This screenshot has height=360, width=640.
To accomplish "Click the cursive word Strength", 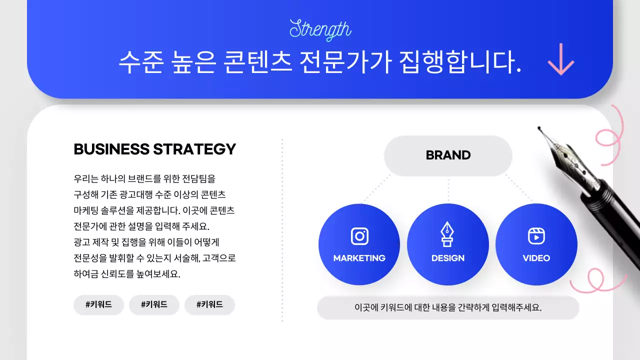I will [320, 29].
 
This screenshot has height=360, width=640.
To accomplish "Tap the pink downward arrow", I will [561, 59].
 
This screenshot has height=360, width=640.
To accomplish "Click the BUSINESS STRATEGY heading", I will [154, 149].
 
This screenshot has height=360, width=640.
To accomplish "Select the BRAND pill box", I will [448, 155].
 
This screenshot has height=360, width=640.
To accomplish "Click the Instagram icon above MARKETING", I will [359, 236].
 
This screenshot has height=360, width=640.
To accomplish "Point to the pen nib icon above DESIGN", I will [447, 234].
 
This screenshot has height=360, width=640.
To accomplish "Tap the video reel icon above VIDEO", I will [536, 236].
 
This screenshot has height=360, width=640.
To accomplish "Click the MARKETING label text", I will [359, 258].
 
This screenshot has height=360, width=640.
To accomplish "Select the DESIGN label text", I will [448, 258].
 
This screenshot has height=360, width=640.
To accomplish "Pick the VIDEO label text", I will [536, 258].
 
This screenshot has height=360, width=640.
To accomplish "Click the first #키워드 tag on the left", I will [98, 304].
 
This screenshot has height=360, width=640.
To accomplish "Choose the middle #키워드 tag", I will [154, 304].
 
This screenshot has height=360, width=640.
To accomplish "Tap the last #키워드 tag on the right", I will [209, 304].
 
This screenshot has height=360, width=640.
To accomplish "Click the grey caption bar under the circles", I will [448, 307].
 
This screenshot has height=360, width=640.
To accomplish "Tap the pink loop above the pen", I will [610, 135].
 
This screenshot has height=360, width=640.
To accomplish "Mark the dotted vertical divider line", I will [282, 230].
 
